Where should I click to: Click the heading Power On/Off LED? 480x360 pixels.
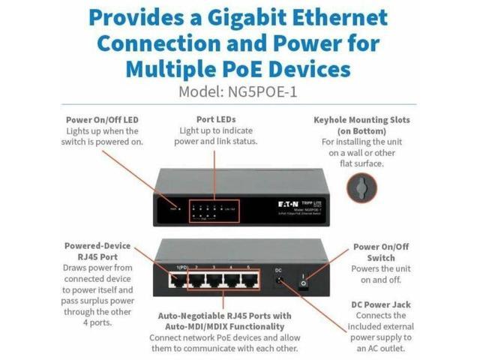pyautogui.click(x=102, y=119)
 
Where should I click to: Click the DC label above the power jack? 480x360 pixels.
pyautogui.click(x=278, y=269)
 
